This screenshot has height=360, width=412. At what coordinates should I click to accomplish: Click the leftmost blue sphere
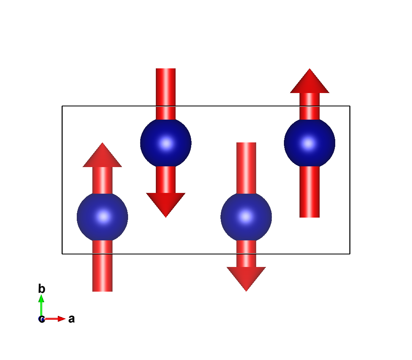point(102,217)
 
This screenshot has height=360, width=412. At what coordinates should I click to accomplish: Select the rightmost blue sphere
point(309,143)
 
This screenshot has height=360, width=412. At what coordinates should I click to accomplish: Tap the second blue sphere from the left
point(166,143)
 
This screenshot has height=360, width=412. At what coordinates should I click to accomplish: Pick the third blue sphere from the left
point(246,217)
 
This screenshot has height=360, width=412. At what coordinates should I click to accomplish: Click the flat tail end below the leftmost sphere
point(102,290)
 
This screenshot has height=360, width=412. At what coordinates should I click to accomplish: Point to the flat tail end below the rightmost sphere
point(309,216)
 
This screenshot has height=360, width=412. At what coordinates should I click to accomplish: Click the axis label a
point(71,319)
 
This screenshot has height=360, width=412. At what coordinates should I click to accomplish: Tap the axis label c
point(41,319)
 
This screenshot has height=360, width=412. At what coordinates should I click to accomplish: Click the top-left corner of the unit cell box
point(62,106)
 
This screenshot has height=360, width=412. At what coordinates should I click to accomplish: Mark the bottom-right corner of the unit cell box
point(350,254)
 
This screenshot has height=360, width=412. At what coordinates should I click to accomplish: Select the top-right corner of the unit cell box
point(350,106)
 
